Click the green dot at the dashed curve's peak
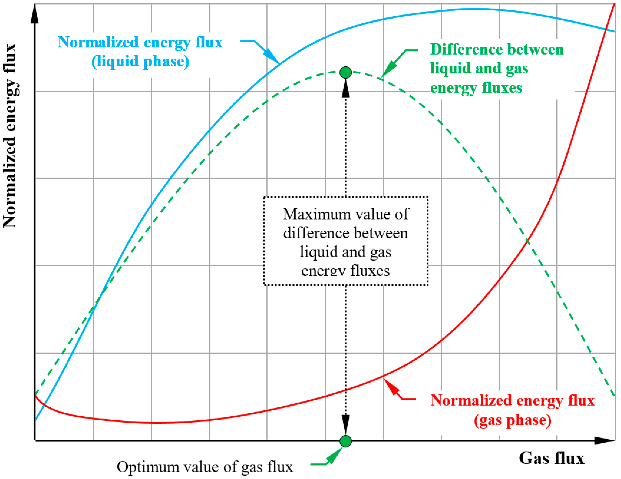(346, 73)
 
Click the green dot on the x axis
(346, 441)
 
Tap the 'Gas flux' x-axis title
(551, 458)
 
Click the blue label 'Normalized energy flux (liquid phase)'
(140, 52)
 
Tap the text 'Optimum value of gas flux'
(205, 467)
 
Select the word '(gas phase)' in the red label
(512, 420)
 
